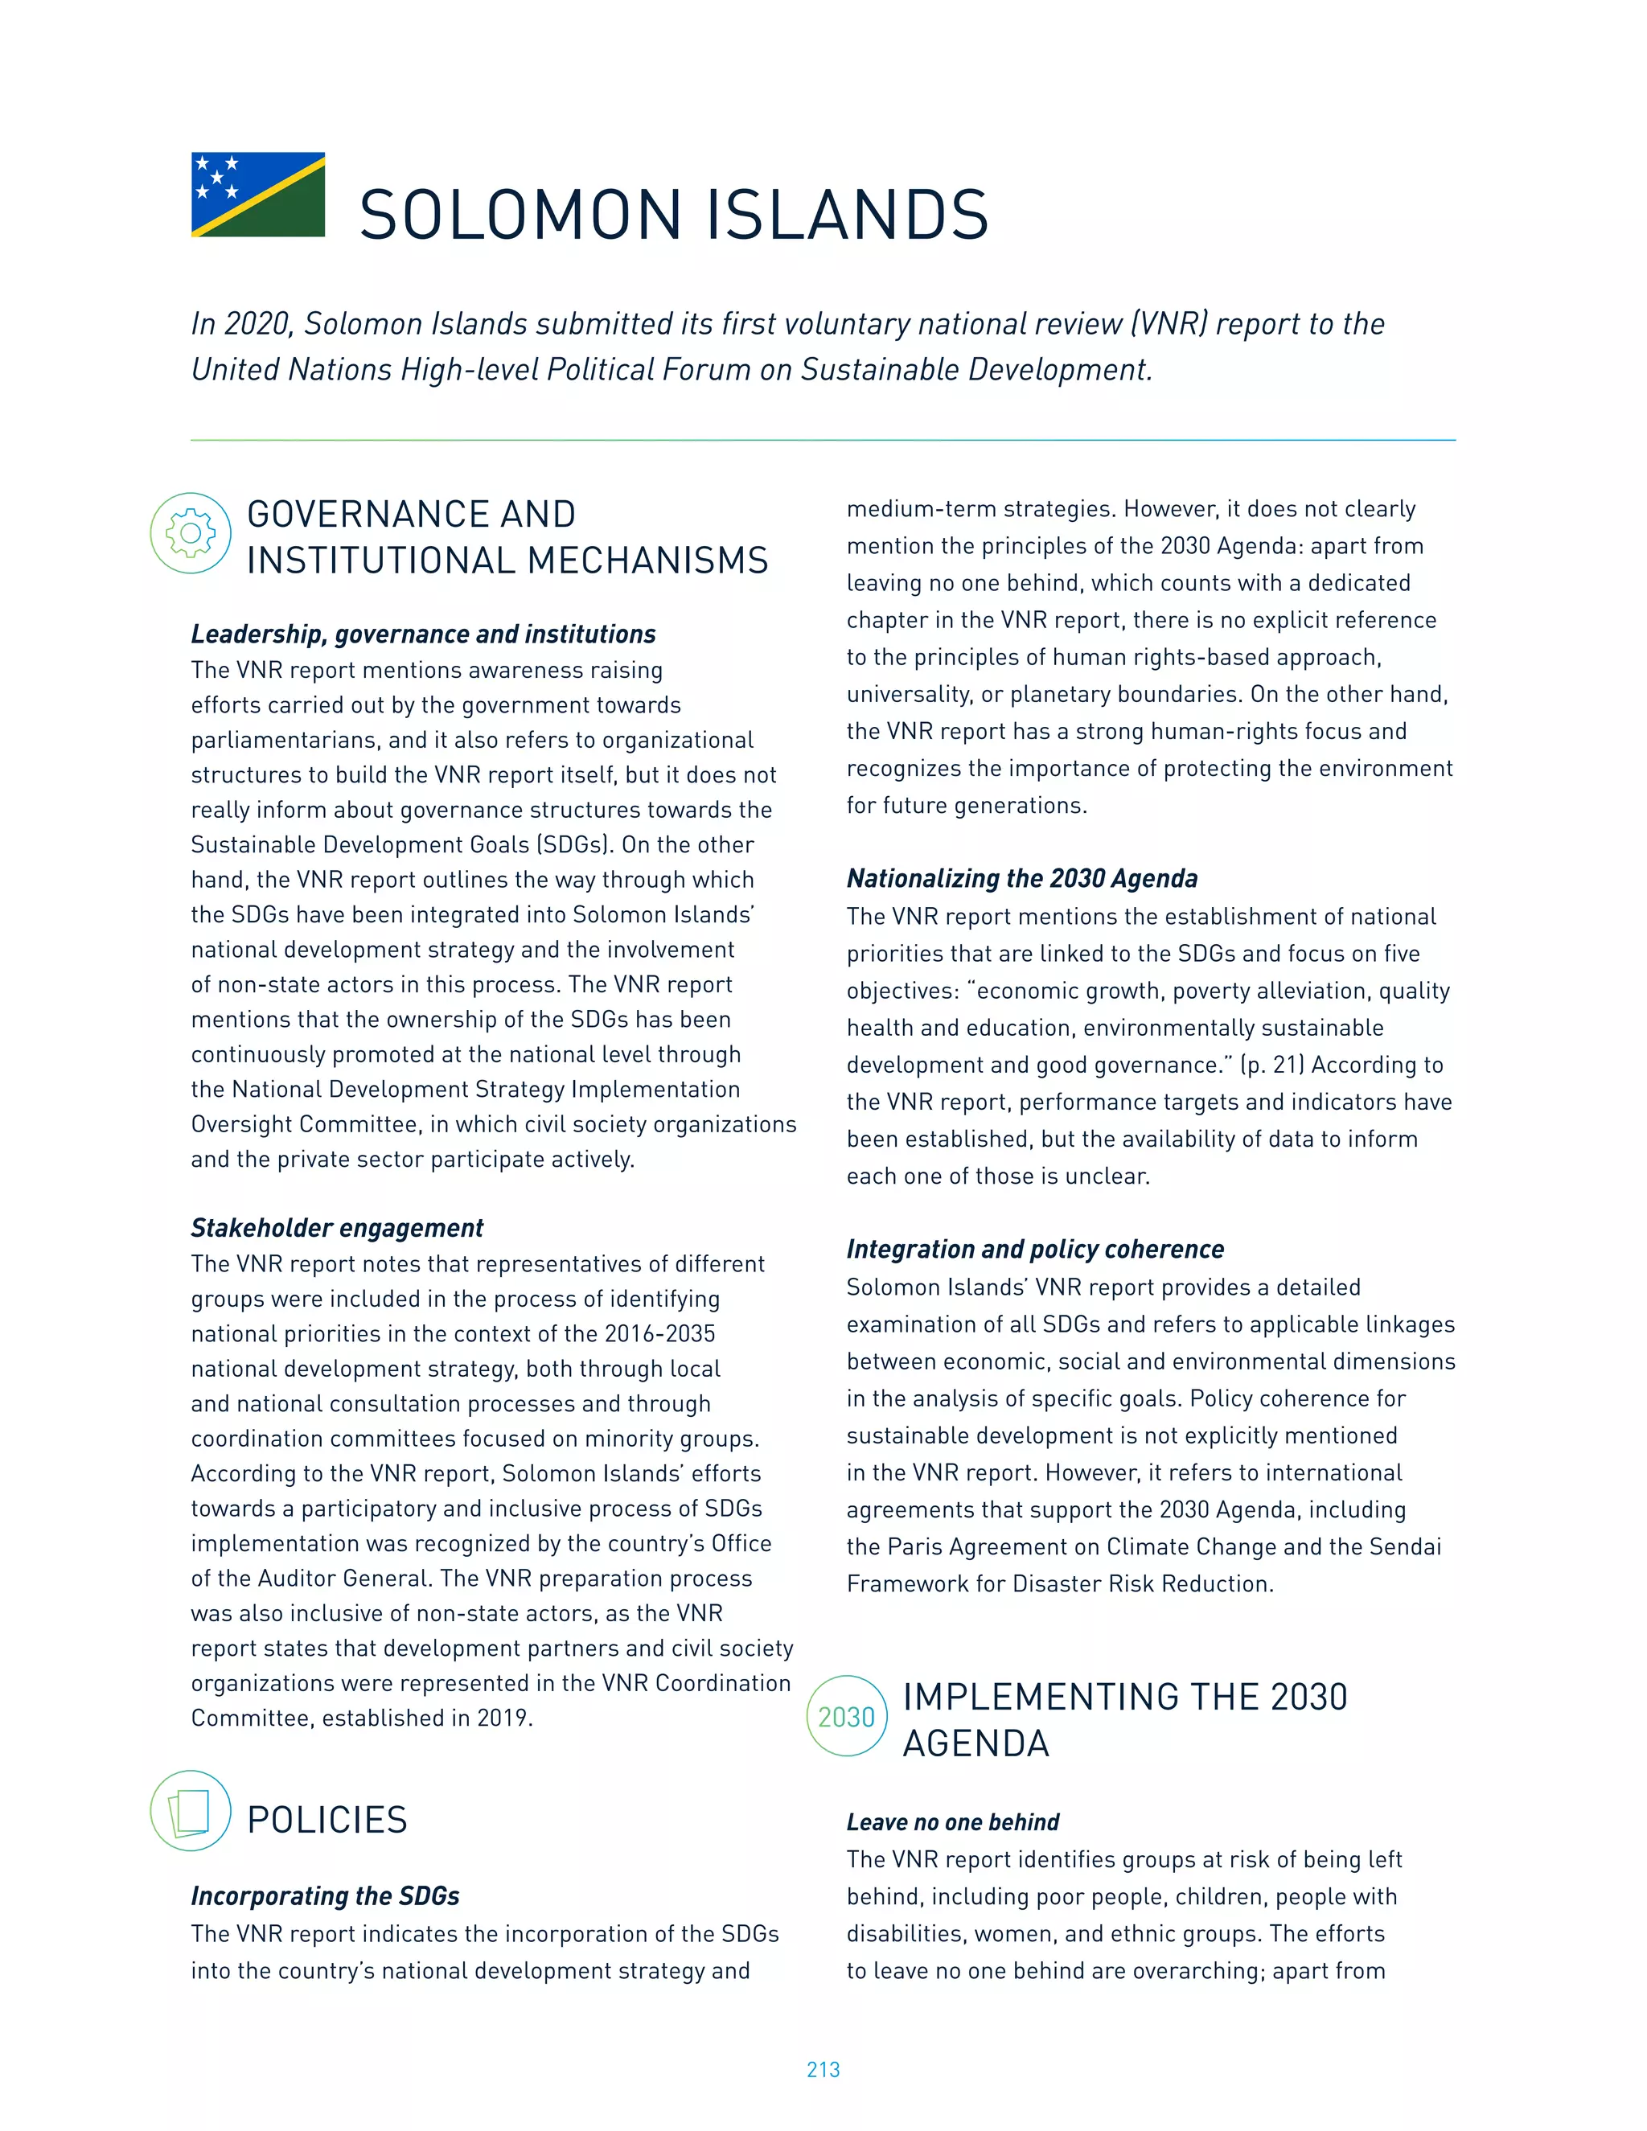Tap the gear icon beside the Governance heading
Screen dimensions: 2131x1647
tap(191, 532)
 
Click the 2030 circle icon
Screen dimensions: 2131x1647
tap(846, 1716)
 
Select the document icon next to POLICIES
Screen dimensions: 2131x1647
tap(191, 1811)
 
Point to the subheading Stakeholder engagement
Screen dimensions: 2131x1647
tap(337, 1227)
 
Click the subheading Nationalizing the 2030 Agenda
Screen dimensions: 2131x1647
tap(1021, 878)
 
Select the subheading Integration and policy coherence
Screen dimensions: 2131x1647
tap(1034, 1249)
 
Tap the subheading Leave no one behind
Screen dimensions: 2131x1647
tap(952, 1821)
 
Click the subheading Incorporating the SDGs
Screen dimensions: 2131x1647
tap(325, 1896)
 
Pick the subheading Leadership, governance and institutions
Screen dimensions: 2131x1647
tap(422, 634)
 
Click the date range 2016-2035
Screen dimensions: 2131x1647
tap(659, 1334)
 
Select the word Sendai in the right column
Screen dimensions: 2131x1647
tap(1407, 1546)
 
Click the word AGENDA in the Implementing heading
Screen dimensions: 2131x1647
tap(975, 1743)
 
